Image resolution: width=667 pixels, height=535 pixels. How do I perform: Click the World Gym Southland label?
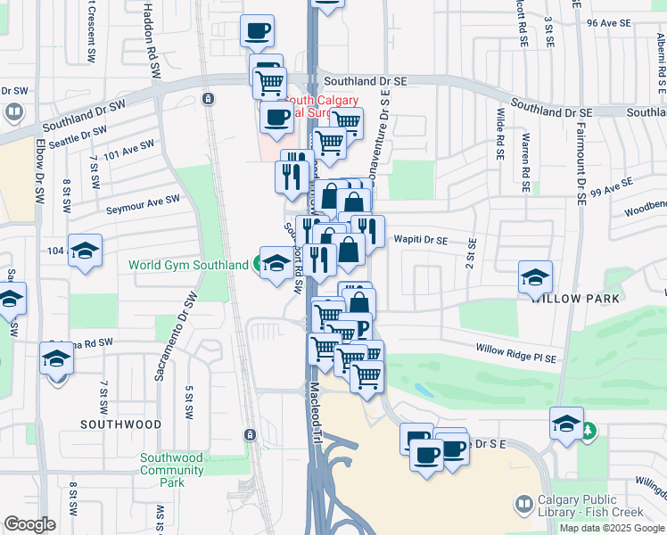(x=188, y=265)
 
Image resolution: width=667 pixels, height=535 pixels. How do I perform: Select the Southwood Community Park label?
(x=172, y=470)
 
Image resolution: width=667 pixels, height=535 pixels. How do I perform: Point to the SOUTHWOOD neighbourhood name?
(x=120, y=424)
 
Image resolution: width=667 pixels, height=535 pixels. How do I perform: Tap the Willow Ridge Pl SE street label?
(x=515, y=354)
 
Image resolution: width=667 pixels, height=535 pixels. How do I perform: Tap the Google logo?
(x=30, y=524)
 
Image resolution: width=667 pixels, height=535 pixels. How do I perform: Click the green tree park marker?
(x=589, y=431)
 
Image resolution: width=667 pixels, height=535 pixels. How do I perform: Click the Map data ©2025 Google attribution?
(x=613, y=528)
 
